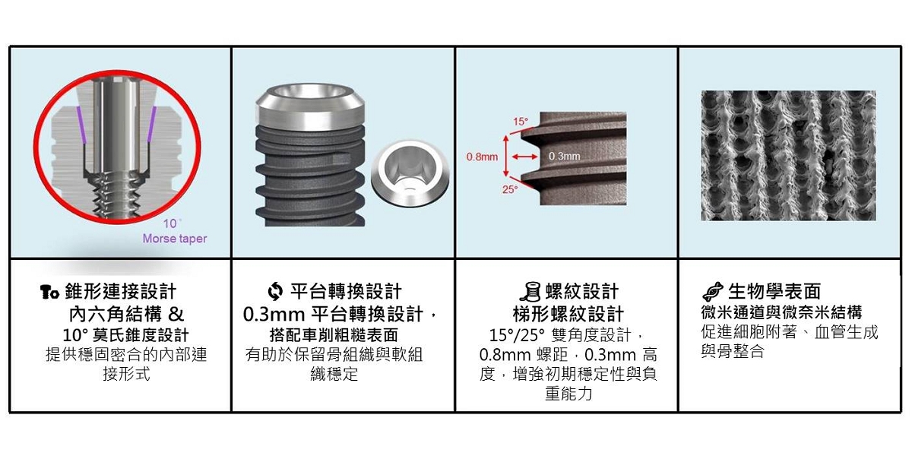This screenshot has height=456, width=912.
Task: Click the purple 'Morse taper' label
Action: point(175,239)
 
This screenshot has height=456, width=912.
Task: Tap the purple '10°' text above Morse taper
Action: point(172,223)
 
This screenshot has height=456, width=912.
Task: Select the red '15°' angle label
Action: point(520,122)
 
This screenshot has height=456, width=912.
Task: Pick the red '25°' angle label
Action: point(510,190)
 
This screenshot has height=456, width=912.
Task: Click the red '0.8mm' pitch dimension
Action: point(482,157)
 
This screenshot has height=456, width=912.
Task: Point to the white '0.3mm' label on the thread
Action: point(564,156)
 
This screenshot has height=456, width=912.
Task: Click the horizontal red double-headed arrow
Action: point(524,157)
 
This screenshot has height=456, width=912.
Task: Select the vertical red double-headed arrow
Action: point(505,157)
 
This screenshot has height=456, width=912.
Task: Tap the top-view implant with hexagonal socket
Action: point(410,173)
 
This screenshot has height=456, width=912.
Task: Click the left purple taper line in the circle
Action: point(81,125)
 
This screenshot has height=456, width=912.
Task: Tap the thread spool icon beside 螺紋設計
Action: point(531,292)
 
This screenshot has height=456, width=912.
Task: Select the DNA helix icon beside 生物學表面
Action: point(713,292)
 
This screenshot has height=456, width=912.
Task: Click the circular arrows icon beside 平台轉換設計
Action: point(275,292)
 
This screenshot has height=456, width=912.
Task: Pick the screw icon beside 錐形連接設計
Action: point(49,292)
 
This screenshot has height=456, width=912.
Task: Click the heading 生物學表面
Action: point(774,292)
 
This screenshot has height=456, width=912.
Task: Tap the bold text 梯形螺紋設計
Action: point(568,314)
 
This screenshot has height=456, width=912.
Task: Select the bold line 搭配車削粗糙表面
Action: point(334,335)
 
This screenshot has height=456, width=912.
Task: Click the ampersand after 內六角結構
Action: point(176,314)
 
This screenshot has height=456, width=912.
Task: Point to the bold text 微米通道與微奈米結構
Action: point(781,312)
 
